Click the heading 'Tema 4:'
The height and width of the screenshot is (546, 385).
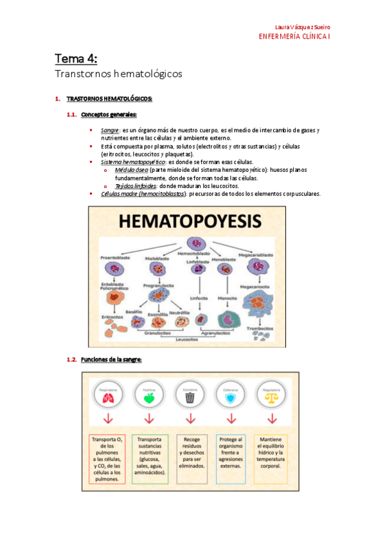click(76, 59)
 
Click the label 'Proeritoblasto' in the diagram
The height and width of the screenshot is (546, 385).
click(115, 257)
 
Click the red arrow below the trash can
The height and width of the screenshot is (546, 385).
click(190, 419)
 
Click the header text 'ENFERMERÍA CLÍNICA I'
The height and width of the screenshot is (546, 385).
click(294, 37)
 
